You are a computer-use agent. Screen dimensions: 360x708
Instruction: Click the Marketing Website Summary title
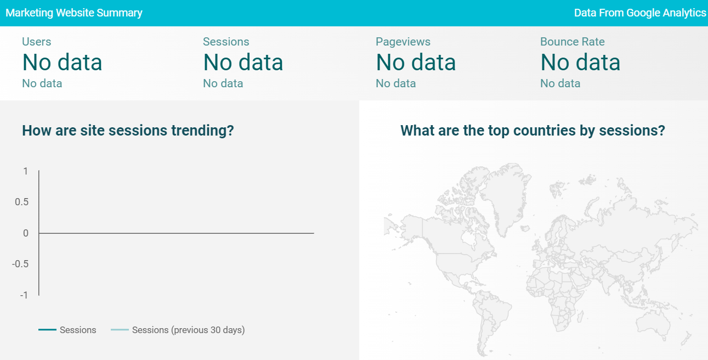click(x=74, y=13)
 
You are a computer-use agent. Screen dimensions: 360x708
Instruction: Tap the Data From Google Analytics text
click(x=640, y=13)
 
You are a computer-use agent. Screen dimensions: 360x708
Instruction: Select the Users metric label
click(x=37, y=42)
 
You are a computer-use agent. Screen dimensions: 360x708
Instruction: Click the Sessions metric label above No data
click(x=226, y=42)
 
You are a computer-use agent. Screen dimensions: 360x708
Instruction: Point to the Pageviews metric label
click(x=403, y=42)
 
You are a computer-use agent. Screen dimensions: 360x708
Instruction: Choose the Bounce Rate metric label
click(x=573, y=42)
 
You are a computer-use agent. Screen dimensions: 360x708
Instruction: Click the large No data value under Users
click(x=62, y=63)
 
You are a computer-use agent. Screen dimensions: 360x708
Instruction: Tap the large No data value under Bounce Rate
click(x=580, y=63)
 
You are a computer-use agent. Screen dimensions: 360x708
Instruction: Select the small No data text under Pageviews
click(x=396, y=83)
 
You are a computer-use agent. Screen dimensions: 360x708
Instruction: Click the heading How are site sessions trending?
click(x=128, y=131)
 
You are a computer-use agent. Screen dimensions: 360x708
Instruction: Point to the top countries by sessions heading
click(x=533, y=131)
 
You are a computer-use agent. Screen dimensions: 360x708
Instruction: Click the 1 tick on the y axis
click(x=26, y=171)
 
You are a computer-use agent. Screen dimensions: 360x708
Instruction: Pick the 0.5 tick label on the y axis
click(x=22, y=203)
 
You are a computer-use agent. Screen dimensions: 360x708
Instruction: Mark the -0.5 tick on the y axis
click(x=20, y=264)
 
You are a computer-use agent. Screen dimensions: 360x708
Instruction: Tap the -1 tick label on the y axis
click(x=24, y=295)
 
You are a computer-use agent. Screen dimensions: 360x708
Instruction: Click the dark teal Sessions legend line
click(x=47, y=330)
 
